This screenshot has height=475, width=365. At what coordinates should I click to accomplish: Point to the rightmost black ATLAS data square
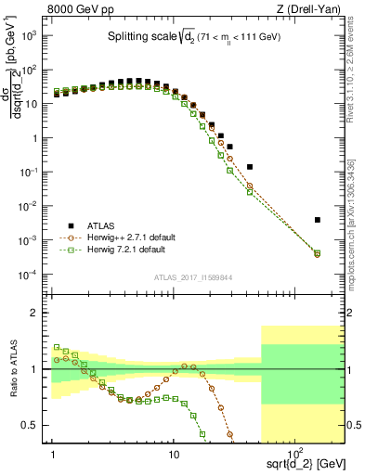[318, 220]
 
